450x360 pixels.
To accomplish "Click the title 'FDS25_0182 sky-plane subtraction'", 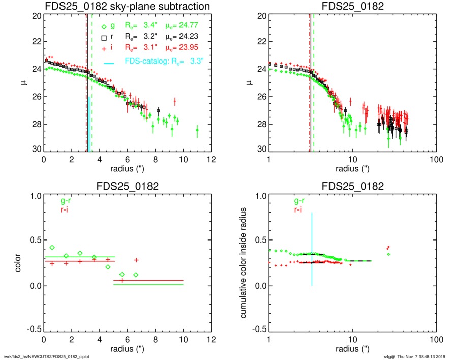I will [128, 7].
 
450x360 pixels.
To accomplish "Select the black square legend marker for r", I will [104, 37].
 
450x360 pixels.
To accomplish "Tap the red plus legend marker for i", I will [104, 47].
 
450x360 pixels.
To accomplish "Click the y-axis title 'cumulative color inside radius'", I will [245, 265].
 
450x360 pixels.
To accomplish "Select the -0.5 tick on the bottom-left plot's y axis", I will [34, 330].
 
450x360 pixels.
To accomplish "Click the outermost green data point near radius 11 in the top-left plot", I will [197, 130].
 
